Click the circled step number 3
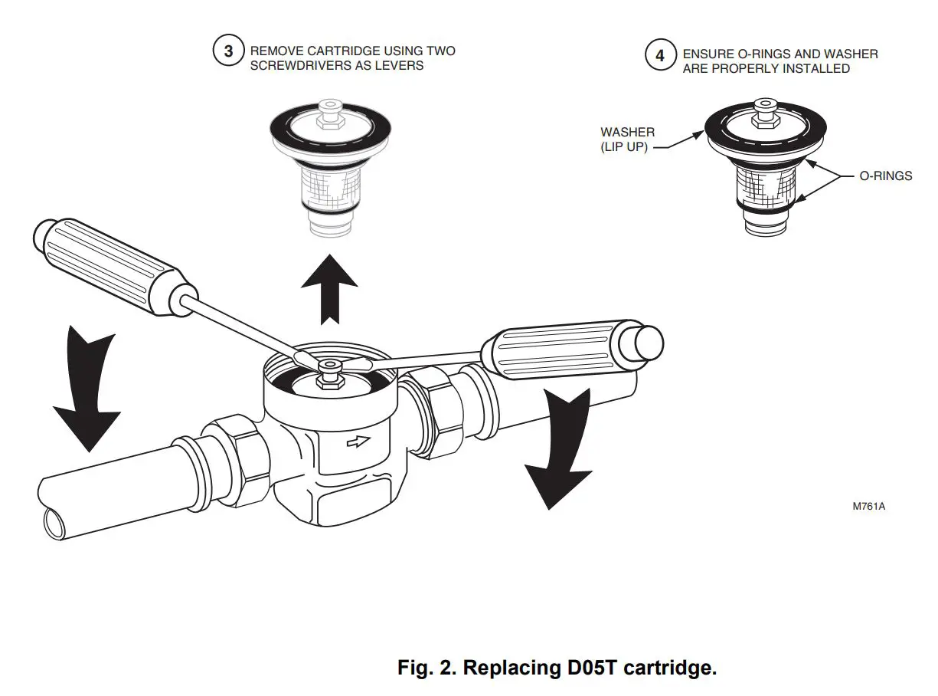pos(228,52)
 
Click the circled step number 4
pos(660,56)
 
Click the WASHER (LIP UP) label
pos(627,140)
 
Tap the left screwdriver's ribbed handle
pos(111,267)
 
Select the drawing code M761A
pos(869,507)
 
